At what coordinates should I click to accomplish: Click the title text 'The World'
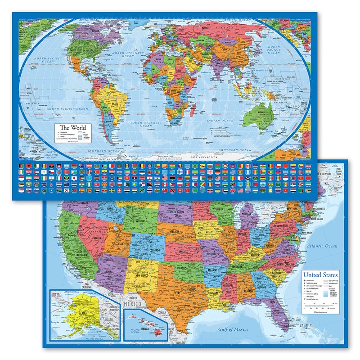tap(73, 127)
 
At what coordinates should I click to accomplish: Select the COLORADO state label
tap(147, 245)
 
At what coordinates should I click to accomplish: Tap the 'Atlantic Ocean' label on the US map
tap(322, 246)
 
